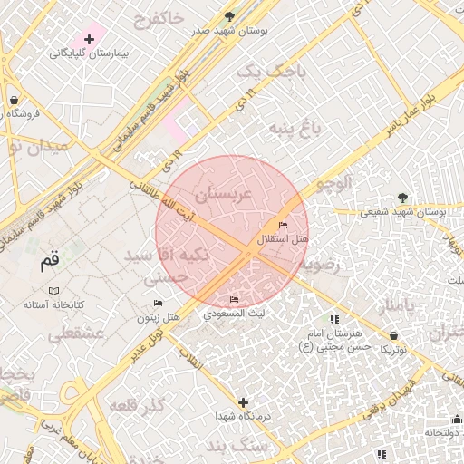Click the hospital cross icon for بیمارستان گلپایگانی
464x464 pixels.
[89, 39]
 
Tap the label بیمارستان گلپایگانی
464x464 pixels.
[89, 54]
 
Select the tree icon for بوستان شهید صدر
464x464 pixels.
[229, 16]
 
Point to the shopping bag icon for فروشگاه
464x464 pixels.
[14, 100]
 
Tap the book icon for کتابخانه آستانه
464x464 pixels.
[53, 291]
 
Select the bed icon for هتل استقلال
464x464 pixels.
[284, 226]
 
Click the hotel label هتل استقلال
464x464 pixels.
[284, 239]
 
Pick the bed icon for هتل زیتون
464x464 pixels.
[159, 304]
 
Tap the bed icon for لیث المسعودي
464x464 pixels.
[235, 300]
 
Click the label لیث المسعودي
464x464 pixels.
[235, 314]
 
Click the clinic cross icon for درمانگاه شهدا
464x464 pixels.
[243, 401]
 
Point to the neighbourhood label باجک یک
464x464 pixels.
[266, 70]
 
